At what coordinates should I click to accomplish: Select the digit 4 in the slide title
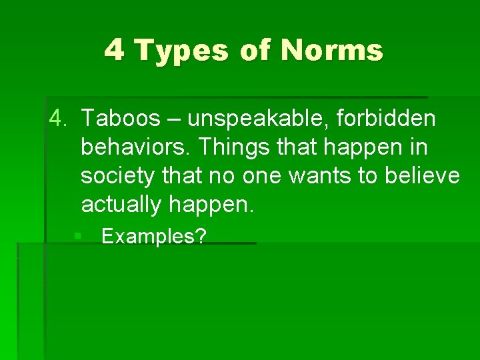(114, 51)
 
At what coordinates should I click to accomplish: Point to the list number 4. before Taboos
(59, 119)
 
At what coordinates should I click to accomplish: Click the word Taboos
(121, 119)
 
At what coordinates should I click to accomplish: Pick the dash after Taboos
(174, 120)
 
